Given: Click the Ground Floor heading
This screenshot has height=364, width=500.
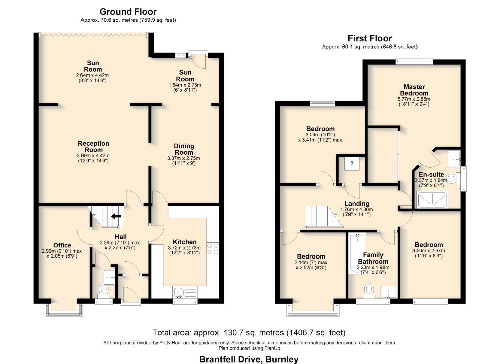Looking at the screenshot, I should [x=128, y=12].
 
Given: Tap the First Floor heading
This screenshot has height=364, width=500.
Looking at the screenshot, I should [x=370, y=38].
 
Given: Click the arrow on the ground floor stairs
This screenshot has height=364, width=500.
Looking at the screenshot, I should [x=116, y=216].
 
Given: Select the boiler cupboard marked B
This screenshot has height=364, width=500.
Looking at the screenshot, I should [x=352, y=163].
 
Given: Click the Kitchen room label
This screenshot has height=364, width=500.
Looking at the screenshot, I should [x=185, y=242].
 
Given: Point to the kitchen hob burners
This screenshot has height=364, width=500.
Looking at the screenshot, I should [x=213, y=248].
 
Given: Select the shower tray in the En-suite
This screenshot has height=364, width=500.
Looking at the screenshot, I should [x=433, y=200].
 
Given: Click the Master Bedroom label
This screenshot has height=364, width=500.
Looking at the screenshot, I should [x=414, y=90].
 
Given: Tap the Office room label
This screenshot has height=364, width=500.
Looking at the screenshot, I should [x=62, y=245].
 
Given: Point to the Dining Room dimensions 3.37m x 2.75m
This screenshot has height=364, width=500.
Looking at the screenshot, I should [x=184, y=158].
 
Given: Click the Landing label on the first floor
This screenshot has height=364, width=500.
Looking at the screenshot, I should [x=357, y=204].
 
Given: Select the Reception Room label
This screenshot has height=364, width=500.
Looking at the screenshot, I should [x=93, y=147].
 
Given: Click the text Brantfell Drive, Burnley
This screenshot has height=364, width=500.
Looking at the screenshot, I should [x=249, y=359].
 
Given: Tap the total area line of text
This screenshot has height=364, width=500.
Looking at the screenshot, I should [x=249, y=333].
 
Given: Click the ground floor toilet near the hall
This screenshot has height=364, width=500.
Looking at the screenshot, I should [x=104, y=289].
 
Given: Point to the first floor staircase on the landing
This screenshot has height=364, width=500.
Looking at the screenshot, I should [x=322, y=217].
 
